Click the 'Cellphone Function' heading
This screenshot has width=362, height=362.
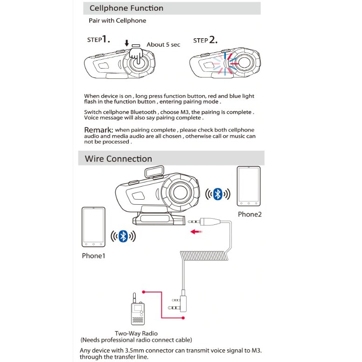click(x=126, y=8)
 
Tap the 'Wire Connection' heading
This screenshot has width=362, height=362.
click(x=118, y=159)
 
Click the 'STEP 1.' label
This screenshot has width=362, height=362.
click(x=98, y=40)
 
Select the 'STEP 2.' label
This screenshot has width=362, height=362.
click(x=205, y=40)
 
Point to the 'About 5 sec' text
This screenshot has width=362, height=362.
click(x=163, y=45)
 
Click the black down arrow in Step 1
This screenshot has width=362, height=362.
click(x=126, y=43)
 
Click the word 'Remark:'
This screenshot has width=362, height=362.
click(x=99, y=130)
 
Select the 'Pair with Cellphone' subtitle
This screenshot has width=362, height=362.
click(x=117, y=21)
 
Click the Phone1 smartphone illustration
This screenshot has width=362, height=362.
click(x=93, y=227)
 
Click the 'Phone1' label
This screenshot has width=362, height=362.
click(x=93, y=256)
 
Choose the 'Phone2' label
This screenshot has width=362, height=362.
click(x=250, y=214)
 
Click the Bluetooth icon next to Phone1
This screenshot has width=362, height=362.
click(x=123, y=237)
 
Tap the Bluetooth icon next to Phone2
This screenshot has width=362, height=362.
click(x=217, y=194)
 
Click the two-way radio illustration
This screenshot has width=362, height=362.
click(x=136, y=311)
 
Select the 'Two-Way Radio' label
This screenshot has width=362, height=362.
click(x=136, y=333)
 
